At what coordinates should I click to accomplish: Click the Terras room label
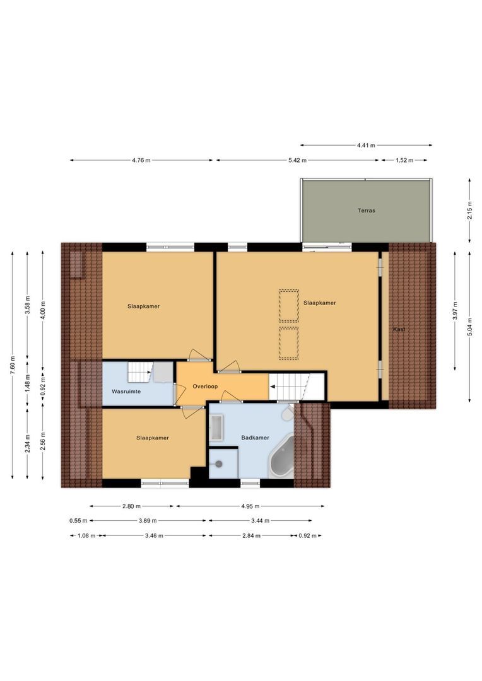366,211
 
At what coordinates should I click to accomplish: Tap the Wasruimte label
126,392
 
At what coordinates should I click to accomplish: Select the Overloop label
205,386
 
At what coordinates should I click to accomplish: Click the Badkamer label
255,438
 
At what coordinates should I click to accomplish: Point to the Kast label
399,329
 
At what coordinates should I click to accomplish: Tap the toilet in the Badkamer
288,414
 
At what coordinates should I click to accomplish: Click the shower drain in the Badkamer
219,464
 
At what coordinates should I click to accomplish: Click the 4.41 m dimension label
366,146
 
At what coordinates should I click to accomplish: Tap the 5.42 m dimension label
297,160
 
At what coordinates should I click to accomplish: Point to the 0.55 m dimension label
78,521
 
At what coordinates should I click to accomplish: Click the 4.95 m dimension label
250,506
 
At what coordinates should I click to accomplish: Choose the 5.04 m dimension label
469,327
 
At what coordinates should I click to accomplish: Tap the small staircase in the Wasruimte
139,373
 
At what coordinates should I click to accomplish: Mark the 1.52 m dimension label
404,160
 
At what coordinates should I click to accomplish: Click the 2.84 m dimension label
251,536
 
